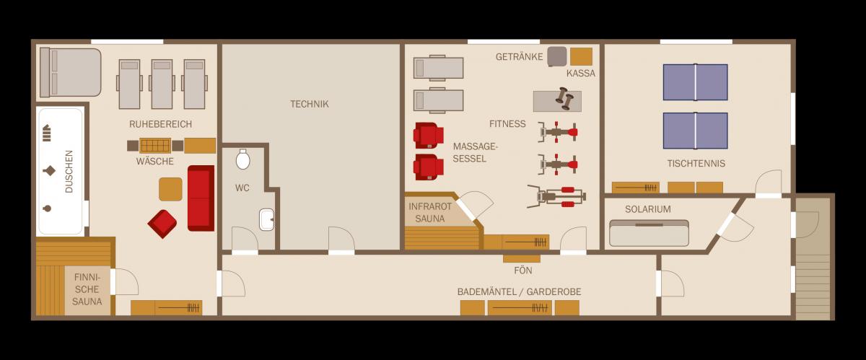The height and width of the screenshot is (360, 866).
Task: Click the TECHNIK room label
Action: point(310,104)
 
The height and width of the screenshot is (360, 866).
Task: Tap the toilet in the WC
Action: point(242,159)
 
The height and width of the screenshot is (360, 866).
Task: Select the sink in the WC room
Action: point(266,219)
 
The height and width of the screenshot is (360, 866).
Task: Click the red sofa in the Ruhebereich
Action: point(201,198)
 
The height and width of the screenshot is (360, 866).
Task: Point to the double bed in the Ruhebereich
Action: point(71,72)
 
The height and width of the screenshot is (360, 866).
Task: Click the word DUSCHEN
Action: point(69,171)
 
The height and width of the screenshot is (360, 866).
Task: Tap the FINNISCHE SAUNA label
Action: point(87,289)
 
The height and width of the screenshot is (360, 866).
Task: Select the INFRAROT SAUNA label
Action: point(430,212)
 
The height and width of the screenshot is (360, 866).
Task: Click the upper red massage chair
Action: point(429,136)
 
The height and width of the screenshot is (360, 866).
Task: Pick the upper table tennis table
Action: point(695,82)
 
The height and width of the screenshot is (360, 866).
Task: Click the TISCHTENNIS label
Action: point(696,164)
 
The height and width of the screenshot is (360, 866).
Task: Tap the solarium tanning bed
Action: point(649,233)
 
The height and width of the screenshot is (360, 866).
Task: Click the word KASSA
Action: point(581,74)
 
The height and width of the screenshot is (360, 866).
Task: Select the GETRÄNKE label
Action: point(519,57)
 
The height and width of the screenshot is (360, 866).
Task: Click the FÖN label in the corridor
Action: point(522,271)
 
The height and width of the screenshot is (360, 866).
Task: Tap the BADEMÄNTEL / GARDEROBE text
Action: point(519,292)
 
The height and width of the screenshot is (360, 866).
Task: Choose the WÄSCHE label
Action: point(154,162)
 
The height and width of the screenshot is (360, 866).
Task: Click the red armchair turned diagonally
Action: point(162,224)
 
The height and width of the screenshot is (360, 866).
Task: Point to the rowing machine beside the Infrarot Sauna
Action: point(556,196)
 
